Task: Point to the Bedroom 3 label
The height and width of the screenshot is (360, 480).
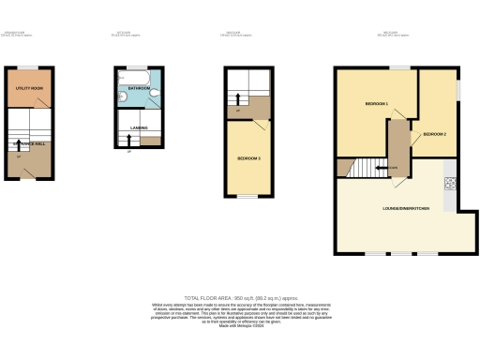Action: [248, 158]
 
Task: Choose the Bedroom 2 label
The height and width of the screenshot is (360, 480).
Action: [434, 134]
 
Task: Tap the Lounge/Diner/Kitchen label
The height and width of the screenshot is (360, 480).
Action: [406, 207]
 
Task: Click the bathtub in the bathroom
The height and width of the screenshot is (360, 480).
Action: [140, 74]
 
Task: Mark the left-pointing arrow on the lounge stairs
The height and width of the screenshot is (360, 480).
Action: [381, 169]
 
